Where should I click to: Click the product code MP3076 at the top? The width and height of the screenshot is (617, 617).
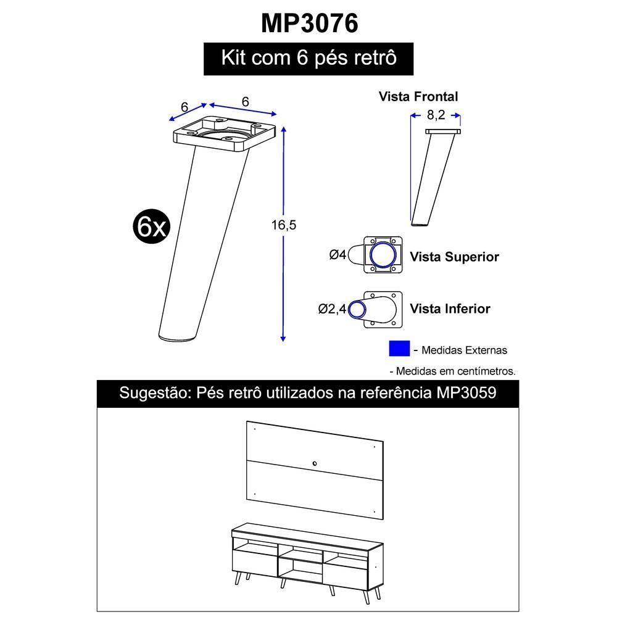pyautogui.click(x=309, y=23)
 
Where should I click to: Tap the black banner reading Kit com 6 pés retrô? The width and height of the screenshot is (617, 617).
pyautogui.click(x=308, y=59)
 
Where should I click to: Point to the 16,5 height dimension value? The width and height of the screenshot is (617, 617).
pyautogui.click(x=284, y=225)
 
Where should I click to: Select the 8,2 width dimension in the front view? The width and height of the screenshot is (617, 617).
pyautogui.click(x=436, y=114)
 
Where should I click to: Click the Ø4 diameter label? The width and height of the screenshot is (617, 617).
pyautogui.click(x=338, y=254)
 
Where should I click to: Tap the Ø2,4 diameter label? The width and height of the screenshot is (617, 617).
pyautogui.click(x=332, y=309)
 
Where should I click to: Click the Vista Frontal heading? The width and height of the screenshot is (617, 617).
pyautogui.click(x=418, y=96)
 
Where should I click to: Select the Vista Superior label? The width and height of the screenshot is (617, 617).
pyautogui.click(x=454, y=257)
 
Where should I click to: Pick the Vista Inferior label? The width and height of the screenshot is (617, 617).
pyautogui.click(x=450, y=308)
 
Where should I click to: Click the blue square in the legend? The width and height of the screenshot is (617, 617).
pyautogui.click(x=399, y=349)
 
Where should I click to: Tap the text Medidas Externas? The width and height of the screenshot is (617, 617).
pyautogui.click(x=464, y=350)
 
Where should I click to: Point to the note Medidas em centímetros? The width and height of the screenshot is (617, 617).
pyautogui.click(x=455, y=371)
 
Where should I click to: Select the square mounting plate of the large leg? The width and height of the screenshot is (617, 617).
pyautogui.click(x=223, y=133)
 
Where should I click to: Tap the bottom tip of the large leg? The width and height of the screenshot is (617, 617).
pyautogui.click(x=178, y=336)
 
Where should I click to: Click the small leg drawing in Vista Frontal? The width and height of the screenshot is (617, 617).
pyautogui.click(x=434, y=179)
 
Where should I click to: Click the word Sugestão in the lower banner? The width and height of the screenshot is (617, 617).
pyautogui.click(x=150, y=393)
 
